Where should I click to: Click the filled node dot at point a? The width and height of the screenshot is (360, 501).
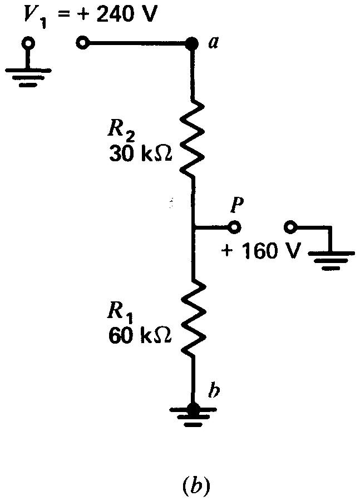coord(192,43)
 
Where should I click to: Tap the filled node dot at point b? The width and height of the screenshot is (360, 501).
coord(193,409)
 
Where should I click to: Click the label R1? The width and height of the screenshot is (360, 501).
coord(119,314)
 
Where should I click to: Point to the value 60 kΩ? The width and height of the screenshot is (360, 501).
coord(140,335)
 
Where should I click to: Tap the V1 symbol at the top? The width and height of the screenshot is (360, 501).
coord(31,17)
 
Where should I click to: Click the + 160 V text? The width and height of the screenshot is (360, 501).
coord(257,251)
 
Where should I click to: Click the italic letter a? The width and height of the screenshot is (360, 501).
coord(213,42)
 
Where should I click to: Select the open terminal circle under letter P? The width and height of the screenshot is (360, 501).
coord(234,227)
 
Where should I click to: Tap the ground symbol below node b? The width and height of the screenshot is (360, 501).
coord(193,418)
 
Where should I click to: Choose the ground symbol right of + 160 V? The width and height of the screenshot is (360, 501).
coord(331,259)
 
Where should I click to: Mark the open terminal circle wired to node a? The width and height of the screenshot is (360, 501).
coord(82,43)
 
